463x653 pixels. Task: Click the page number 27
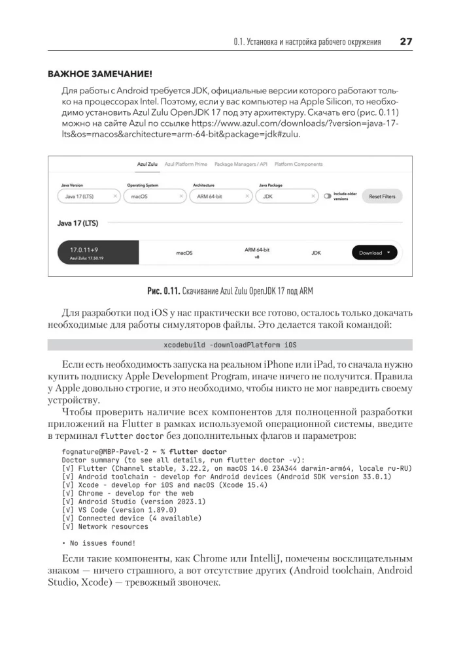click(405, 42)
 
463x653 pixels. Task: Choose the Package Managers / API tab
click(241, 164)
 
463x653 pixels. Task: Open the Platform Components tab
click(298, 164)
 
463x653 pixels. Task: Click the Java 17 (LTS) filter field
click(88, 196)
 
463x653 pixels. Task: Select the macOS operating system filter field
click(154, 196)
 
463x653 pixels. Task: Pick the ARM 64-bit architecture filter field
click(220, 196)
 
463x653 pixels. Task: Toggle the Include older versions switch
click(328, 196)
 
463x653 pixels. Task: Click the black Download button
click(374, 253)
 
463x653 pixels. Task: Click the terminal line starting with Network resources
click(105, 526)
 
